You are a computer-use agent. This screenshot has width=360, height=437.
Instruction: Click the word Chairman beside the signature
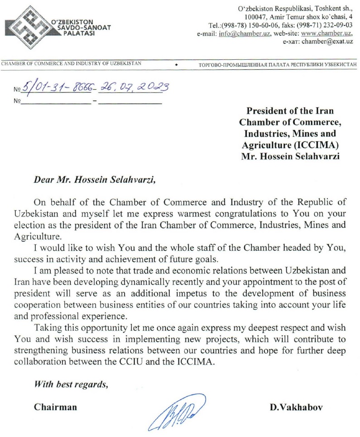56,407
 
